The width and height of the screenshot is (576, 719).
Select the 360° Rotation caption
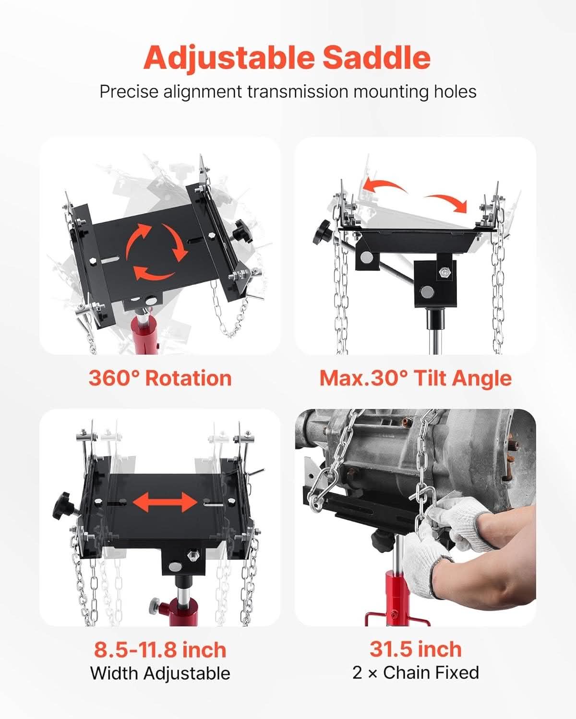click(x=160, y=379)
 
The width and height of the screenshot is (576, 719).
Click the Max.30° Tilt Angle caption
click(x=416, y=379)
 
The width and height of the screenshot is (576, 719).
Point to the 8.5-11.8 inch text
click(x=160, y=650)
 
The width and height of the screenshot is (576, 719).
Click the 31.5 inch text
click(x=416, y=649)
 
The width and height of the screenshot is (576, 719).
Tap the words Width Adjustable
click(x=160, y=673)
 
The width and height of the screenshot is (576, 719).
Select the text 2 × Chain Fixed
click(x=416, y=673)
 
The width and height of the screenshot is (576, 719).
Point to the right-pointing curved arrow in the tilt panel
click(x=447, y=202)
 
